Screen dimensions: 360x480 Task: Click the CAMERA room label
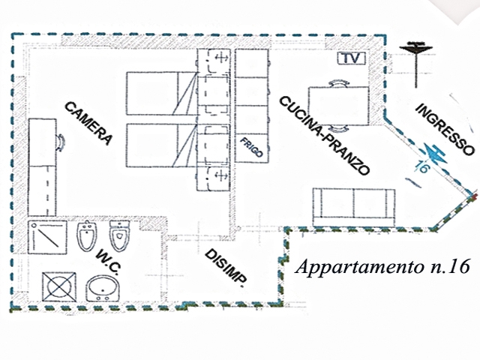click(x=88, y=123)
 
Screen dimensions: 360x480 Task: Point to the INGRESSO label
click(x=445, y=127)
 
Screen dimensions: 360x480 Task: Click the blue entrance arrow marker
click(x=436, y=153)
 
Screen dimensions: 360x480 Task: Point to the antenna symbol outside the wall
click(x=413, y=52)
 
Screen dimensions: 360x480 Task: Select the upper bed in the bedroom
click(x=161, y=93)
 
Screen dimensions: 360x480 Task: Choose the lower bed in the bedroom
click(x=161, y=146)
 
